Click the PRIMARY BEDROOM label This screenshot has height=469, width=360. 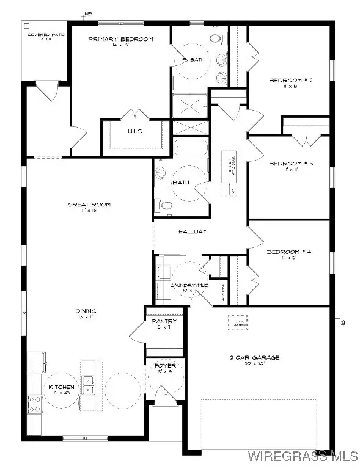[120, 39]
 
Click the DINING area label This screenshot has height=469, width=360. [86, 311]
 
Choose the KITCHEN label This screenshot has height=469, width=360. [62, 387]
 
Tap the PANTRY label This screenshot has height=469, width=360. [164, 321]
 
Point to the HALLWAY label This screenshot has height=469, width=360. [194, 231]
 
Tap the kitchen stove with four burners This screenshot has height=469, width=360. [34, 403]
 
